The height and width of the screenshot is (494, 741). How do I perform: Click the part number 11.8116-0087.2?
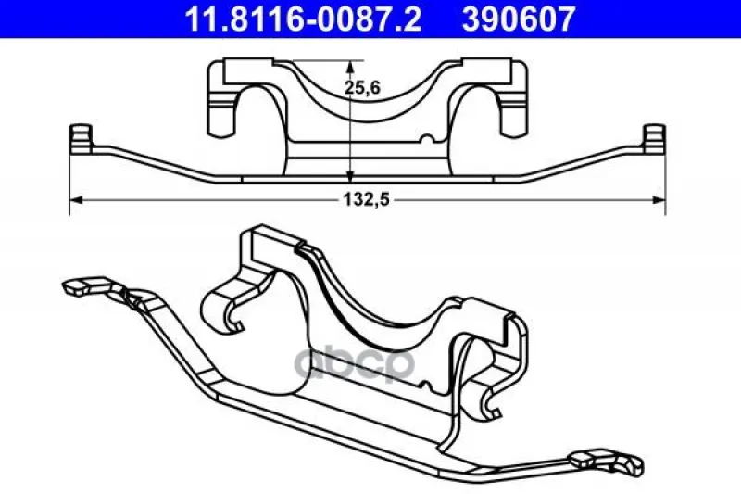(x=303, y=19)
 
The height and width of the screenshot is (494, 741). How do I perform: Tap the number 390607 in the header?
(x=519, y=19)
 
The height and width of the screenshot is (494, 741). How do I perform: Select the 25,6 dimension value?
(x=362, y=87)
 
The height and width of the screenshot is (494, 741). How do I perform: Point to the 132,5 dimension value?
(x=366, y=200)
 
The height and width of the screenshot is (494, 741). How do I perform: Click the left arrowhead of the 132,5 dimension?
(x=76, y=200)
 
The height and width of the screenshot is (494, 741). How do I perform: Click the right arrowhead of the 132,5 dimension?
(x=659, y=200)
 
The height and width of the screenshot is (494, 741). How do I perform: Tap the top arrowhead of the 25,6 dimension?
(x=350, y=67)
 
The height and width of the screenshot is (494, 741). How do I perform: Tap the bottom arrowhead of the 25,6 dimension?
(x=350, y=175)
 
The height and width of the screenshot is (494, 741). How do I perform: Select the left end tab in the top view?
(x=81, y=137)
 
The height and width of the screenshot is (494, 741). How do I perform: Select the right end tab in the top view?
(x=655, y=137)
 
